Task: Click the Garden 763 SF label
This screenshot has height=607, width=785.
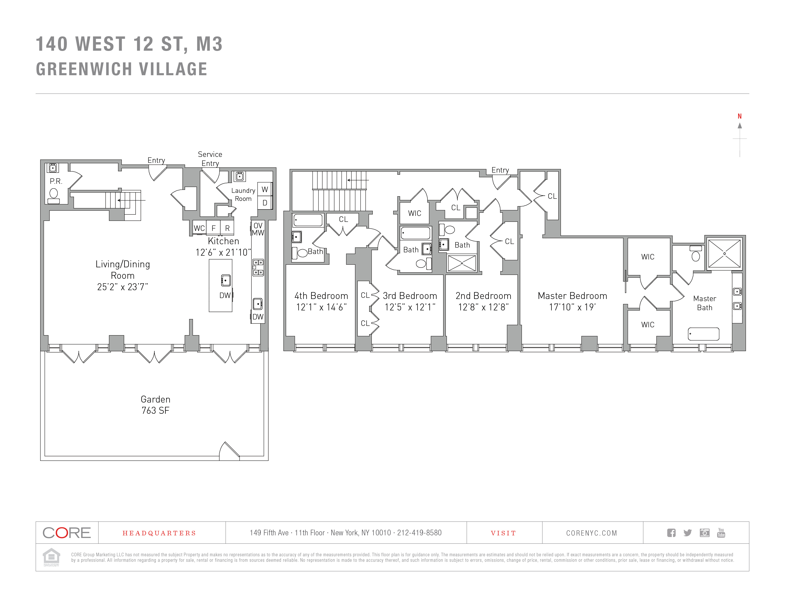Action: [x=155, y=405]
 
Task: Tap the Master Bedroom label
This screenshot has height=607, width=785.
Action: [x=572, y=296]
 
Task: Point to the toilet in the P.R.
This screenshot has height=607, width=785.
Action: [x=54, y=196]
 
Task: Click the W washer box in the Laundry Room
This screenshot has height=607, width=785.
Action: [x=265, y=189]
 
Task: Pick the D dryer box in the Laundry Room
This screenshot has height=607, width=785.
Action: [x=265, y=203]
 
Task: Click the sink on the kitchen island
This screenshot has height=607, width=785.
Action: [x=226, y=280]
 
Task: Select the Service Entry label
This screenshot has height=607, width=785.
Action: [x=210, y=159]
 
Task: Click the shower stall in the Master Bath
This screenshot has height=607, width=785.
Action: [x=724, y=254]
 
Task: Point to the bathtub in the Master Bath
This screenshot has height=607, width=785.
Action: [x=703, y=334]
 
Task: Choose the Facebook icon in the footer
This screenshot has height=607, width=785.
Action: [x=671, y=532]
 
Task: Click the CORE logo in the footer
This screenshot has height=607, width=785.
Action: [x=67, y=532]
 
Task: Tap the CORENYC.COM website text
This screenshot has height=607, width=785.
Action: [x=592, y=533]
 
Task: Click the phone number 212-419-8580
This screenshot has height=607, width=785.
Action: [x=419, y=532]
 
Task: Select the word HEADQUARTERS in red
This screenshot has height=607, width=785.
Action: [x=159, y=533]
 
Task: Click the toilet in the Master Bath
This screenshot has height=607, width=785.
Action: [x=696, y=254]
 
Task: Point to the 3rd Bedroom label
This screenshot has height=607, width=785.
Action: [x=410, y=296]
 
